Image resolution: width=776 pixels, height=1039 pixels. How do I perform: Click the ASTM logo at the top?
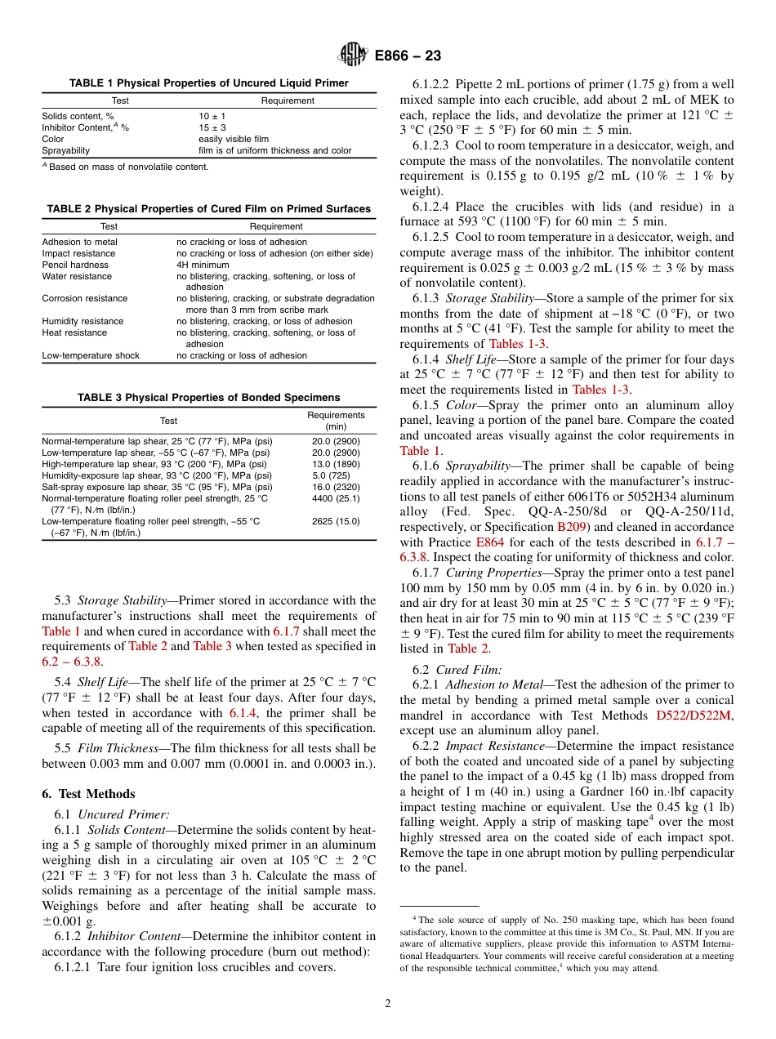353,56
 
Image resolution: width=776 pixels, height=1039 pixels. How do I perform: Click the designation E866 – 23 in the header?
408,56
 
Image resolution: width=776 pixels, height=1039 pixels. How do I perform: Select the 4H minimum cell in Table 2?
203,265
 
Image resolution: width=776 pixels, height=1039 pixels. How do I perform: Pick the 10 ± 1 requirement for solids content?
201,116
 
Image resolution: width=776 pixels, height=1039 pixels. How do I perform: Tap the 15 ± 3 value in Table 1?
201,127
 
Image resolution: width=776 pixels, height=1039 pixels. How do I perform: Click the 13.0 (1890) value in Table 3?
336,463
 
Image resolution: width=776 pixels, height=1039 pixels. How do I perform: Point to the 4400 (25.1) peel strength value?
336,497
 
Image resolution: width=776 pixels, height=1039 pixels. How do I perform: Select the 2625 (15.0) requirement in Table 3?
336,520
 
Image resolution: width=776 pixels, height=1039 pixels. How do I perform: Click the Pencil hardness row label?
75,265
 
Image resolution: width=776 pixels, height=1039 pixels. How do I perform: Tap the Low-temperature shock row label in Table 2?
91,355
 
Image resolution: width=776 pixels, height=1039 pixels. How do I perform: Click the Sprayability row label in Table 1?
66,150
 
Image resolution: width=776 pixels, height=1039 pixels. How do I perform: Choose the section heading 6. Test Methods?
88,793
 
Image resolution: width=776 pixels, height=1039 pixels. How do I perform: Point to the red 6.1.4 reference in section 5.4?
243,712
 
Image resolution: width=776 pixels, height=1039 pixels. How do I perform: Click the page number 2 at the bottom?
388,1004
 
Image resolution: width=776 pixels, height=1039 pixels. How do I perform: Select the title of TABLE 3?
209,398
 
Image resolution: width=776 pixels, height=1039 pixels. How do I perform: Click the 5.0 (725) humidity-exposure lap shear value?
336,475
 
